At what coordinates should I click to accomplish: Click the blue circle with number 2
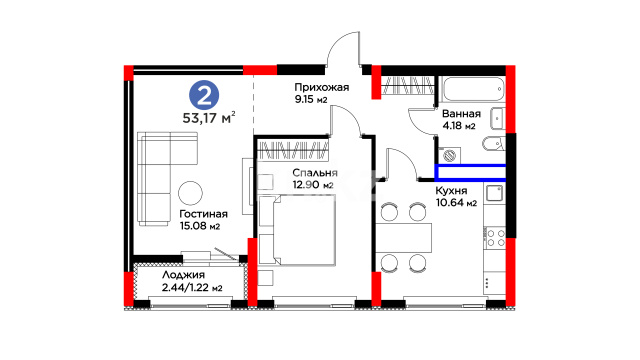pos(204,96)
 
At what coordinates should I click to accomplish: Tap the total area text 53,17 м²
pos(209,118)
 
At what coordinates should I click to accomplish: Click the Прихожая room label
pos(322,87)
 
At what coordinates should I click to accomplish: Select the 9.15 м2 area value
pos(311,99)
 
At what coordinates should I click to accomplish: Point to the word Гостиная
pos(203,214)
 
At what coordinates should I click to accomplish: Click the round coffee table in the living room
pos(190,193)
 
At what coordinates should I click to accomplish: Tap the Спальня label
pos(315,173)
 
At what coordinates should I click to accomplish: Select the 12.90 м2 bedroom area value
pos(313,184)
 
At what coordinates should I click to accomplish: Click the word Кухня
pos(451,191)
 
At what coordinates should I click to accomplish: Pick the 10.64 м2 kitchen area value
pos(456,202)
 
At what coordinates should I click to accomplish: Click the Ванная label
pos(461,114)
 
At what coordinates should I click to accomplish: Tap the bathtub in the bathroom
pos(474,89)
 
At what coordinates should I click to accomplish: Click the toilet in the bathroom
pos(494,144)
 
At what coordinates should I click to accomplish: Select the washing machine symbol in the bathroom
pos(450,155)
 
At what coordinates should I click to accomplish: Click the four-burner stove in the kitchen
pos(496,238)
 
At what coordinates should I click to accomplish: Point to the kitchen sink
pos(495,193)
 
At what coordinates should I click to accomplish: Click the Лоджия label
pos(183,275)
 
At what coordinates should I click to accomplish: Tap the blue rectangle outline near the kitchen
pos(470,172)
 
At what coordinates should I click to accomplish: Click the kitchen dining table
pos(404,238)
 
